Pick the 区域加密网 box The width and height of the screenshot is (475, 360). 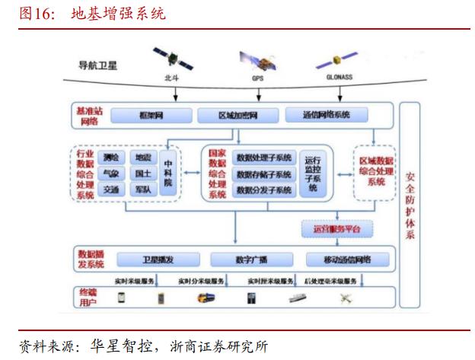(x=238, y=116)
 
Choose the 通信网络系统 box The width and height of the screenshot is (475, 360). (x=327, y=116)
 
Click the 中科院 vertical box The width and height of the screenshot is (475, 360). (x=167, y=173)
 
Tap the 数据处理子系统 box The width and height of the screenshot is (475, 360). (x=263, y=158)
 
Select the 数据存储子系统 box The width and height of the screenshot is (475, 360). (x=263, y=174)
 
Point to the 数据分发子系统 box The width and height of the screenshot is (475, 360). (x=263, y=190)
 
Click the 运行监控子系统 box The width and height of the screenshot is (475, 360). (x=312, y=173)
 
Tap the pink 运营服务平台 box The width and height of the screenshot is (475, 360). (x=332, y=228)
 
